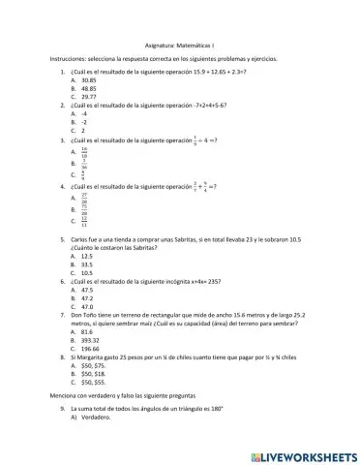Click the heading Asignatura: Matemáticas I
coord(179,45)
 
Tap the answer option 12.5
coord(88,256)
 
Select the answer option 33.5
coord(88,263)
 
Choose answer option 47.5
coord(88,289)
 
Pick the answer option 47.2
coord(88,297)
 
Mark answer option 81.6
coord(88,331)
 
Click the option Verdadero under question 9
coord(95,418)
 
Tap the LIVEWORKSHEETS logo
coord(303,454)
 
